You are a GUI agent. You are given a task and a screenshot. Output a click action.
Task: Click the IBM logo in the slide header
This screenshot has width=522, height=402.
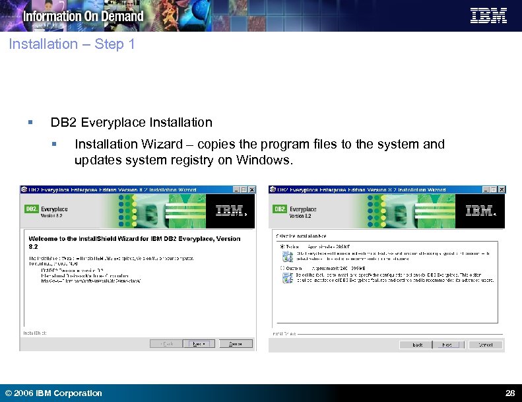[488, 16]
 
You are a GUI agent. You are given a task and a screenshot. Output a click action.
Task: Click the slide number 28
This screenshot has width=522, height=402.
[509, 393]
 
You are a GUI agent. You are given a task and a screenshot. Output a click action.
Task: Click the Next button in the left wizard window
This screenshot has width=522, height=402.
[198, 343]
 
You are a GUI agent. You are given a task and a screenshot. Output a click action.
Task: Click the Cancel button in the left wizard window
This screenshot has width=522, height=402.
[236, 343]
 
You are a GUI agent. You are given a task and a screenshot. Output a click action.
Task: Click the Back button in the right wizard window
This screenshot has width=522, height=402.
[417, 345]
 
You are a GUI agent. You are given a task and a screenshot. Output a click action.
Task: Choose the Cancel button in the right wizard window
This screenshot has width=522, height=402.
[485, 345]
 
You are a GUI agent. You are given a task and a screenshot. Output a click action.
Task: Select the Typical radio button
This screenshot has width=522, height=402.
[282, 247]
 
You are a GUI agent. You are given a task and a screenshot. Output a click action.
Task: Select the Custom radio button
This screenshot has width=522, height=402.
[282, 268]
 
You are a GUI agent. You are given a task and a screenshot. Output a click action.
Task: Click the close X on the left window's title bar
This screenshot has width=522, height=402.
[251, 189]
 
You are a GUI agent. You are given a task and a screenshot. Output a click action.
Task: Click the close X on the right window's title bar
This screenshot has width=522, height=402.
[501, 189]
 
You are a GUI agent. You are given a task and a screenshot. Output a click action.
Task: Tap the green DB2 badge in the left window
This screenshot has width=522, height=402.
[32, 209]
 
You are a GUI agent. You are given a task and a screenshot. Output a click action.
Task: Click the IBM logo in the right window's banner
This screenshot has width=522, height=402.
[479, 211]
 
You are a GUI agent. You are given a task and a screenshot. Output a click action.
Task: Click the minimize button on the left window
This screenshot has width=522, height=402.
[236, 189]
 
